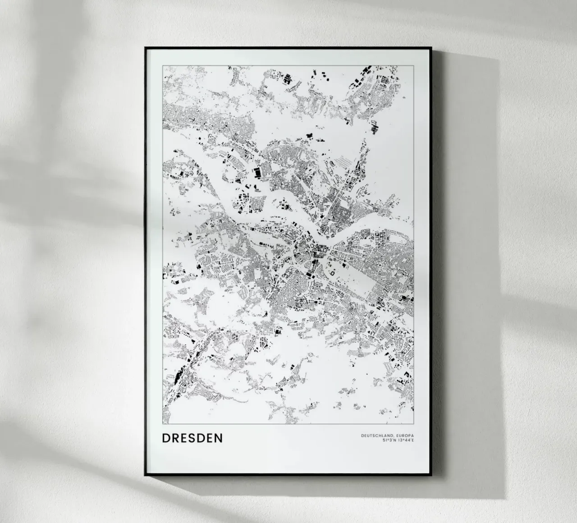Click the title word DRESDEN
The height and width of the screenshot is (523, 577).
point(192,438)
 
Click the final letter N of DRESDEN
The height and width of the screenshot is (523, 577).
point(219,438)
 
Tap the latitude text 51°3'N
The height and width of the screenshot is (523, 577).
point(389,440)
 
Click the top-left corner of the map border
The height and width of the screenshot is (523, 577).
point(163,66)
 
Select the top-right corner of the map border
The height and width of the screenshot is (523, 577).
point(413,66)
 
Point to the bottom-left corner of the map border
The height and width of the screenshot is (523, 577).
point(163,424)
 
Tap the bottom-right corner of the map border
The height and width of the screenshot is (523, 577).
point(413,424)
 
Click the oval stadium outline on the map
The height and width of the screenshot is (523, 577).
point(333,272)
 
